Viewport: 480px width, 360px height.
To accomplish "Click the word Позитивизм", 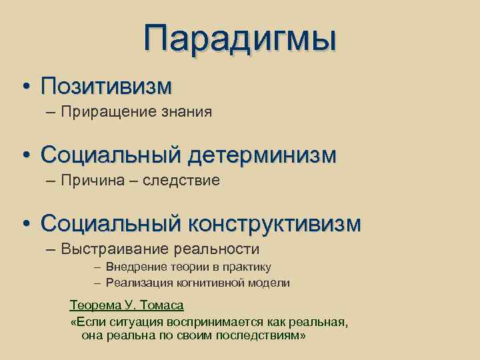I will click(106, 86).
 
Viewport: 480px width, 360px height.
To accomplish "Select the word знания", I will click(187, 111).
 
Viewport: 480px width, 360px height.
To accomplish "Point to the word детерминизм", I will click(262, 155).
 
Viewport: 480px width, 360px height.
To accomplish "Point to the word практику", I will click(247, 267).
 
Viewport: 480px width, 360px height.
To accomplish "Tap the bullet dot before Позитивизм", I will click(25, 87).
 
